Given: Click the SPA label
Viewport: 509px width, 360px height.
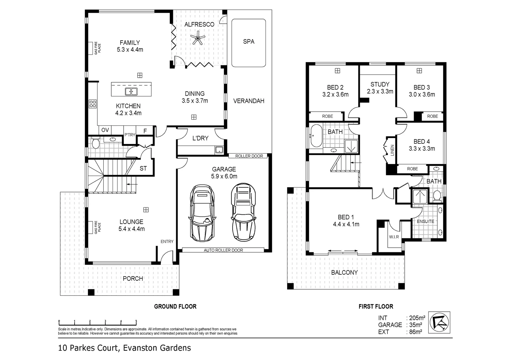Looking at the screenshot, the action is (x=249, y=42).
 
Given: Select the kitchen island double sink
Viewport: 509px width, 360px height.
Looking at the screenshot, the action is (x=131, y=91).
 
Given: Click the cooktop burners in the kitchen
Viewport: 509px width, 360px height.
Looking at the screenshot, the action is (x=93, y=104).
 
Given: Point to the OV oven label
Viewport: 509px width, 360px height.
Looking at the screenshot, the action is (x=105, y=130).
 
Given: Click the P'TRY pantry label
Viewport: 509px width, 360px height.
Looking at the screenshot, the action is (x=130, y=135).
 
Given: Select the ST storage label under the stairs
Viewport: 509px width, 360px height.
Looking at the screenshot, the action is (x=143, y=169).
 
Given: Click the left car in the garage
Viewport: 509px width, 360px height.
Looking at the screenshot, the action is (x=202, y=213).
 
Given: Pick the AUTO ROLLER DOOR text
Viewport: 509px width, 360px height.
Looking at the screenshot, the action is (x=224, y=250).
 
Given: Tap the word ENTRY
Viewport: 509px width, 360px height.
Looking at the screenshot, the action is (x=167, y=242).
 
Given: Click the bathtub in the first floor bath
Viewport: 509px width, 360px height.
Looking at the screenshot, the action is (x=316, y=136).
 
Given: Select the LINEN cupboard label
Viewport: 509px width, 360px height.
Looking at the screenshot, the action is (x=392, y=150).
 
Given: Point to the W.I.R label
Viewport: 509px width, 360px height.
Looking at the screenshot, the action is (x=394, y=237).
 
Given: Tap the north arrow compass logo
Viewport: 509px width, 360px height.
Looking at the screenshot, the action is (x=439, y=322).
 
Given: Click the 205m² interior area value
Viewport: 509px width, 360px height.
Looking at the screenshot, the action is (x=417, y=318).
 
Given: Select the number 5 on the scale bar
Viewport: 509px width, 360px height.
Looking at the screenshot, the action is (x=136, y=321).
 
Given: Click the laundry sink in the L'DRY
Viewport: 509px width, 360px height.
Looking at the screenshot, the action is (x=219, y=150).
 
